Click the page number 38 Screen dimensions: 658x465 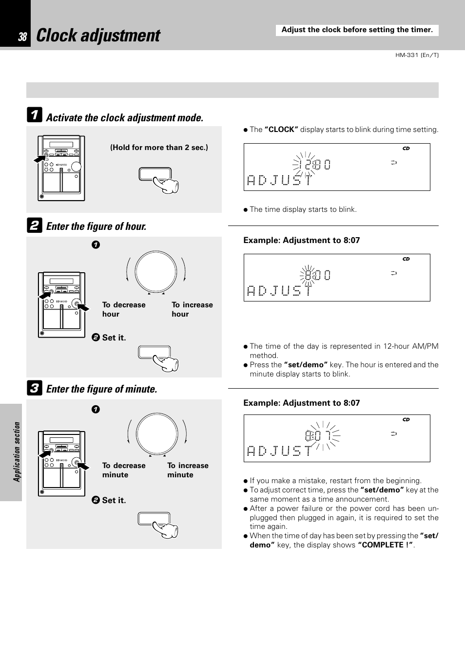pos(22,37)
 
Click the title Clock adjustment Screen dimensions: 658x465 pos(98,36)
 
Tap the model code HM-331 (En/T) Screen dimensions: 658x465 pos(417,55)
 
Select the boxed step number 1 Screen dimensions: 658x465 pos(34,115)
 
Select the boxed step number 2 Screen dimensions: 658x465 pos(34,225)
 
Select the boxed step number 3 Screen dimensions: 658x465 pos(34,388)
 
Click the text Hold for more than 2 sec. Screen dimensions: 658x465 pos(159,148)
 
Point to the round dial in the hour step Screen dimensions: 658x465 pos(155,272)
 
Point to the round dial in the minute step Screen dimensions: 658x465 pos(157,433)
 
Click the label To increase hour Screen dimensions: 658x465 pos(192,309)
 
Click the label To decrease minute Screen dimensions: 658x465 pos(124,470)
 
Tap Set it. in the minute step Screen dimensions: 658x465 pos(114,500)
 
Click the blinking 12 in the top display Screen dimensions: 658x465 pos(306,165)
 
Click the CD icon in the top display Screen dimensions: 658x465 pos(406,149)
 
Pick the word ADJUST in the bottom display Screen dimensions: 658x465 pos(279,451)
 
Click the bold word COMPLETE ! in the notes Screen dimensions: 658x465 pos(385,545)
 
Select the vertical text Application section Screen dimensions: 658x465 pos(17,452)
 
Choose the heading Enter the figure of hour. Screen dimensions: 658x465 pos(96,226)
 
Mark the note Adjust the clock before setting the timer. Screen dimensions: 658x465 pos(357,30)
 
